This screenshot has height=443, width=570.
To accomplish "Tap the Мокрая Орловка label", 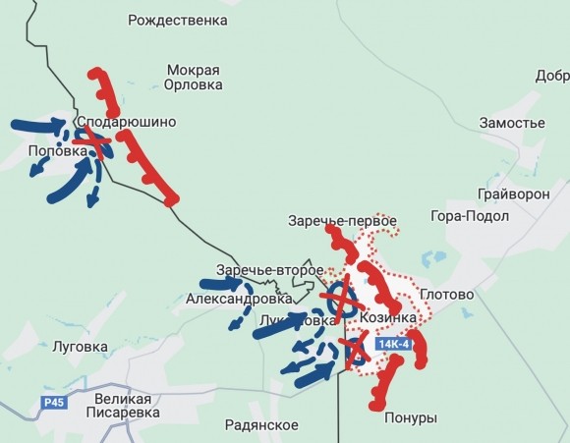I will click(x=194, y=78).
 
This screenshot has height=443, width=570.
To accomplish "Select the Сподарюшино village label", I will click(x=133, y=122).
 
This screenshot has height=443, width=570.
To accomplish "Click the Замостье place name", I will click(x=511, y=122).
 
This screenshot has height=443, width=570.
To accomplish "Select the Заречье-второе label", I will click(x=270, y=270).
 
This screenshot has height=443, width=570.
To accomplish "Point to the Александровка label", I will click(x=232, y=299).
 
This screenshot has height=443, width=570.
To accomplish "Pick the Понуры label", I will click(x=411, y=418).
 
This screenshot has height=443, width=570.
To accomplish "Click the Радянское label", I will click(x=261, y=423).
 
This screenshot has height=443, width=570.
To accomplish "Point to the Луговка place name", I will click(x=80, y=347).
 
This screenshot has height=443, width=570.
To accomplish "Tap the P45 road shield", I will click(x=54, y=403).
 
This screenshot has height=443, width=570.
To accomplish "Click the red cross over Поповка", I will click(x=91, y=143).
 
